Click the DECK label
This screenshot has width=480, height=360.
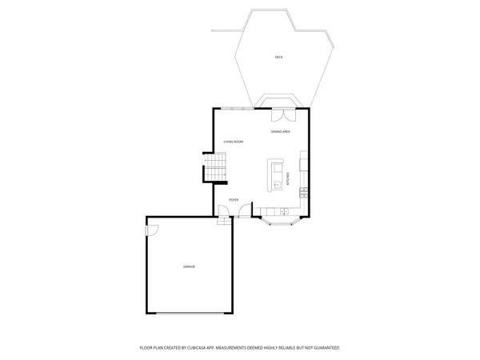pos(278,58)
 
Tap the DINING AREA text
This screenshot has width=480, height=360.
pos(280,131)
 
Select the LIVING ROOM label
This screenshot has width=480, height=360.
pos(233,142)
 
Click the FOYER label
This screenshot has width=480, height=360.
pos(233,200)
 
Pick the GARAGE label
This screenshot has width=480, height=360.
pos(189,266)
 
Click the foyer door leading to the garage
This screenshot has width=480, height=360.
pos(226,211)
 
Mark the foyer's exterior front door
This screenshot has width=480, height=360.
pos(244,211)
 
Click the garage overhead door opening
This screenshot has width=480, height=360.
pos(190,314)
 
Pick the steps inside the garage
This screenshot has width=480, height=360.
pos(223,221)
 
